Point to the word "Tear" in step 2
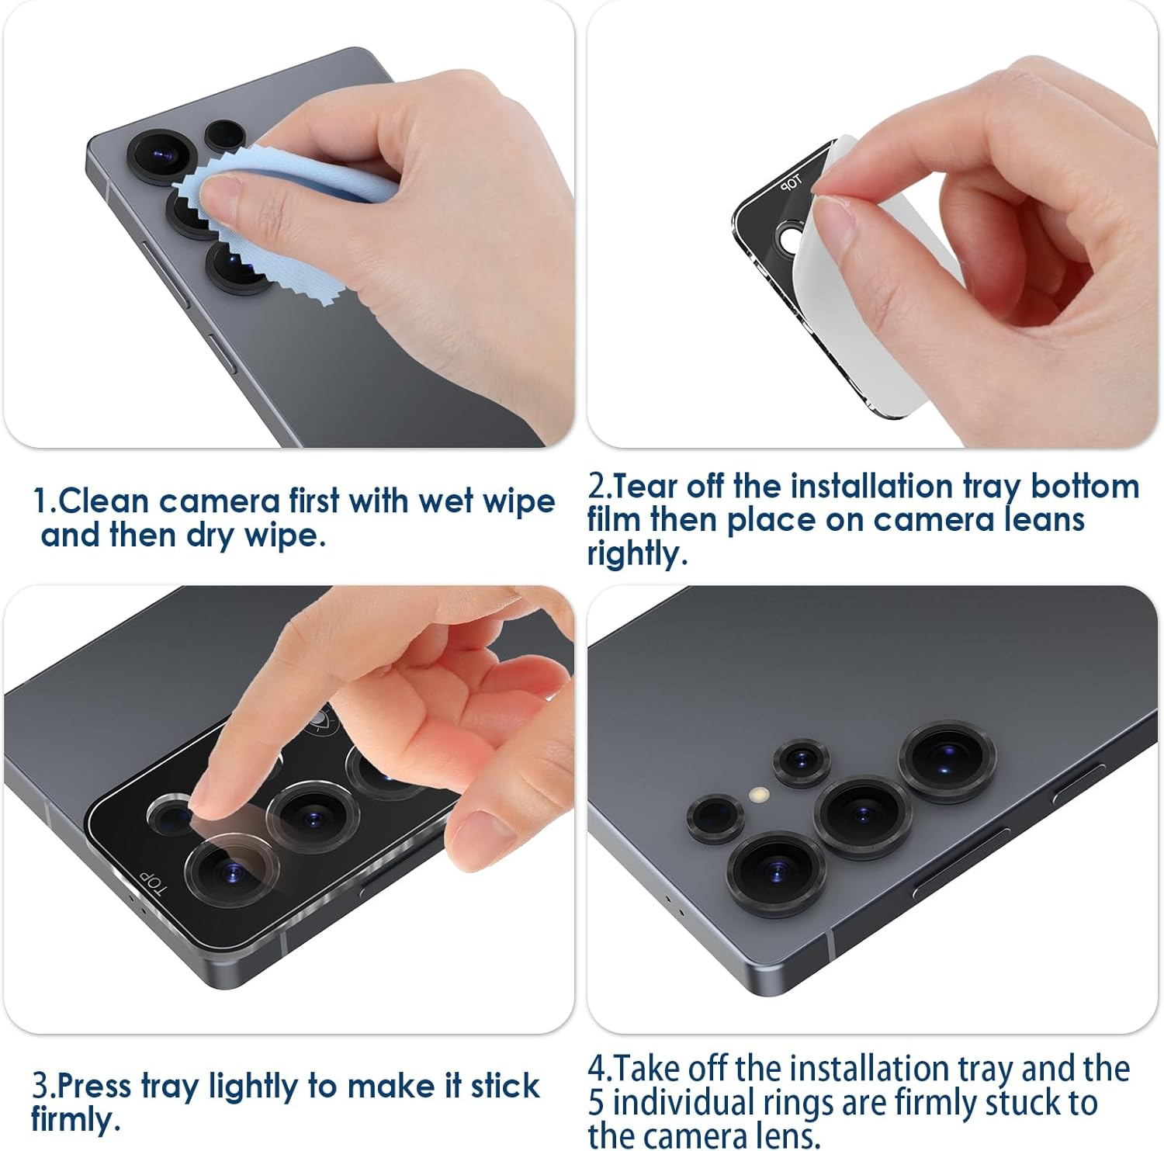[645, 487]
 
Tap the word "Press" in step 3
[94, 1085]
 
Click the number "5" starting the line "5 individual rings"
[596, 1103]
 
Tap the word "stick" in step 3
[504, 1085]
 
